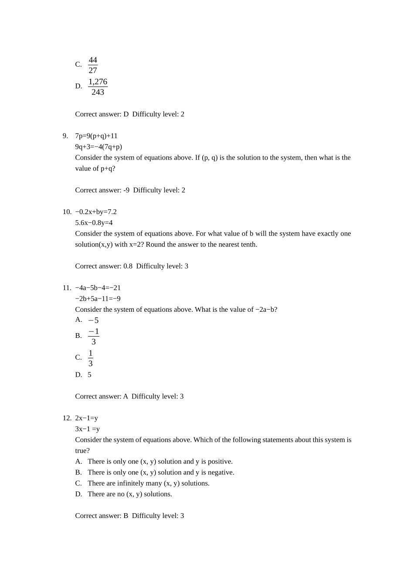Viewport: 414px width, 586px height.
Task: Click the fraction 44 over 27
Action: (x=93, y=65)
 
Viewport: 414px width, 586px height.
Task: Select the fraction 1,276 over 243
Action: (x=98, y=87)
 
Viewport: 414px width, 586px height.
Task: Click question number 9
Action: (x=65, y=136)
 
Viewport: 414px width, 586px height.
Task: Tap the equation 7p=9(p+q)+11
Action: (x=96, y=136)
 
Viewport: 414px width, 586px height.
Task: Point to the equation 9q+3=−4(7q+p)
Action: (x=98, y=147)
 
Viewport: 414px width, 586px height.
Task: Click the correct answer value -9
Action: (x=126, y=190)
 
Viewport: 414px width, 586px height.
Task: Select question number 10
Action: (x=67, y=212)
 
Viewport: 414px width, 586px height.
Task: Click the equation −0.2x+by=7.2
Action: (x=96, y=212)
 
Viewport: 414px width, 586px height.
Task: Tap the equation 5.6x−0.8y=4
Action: (x=94, y=223)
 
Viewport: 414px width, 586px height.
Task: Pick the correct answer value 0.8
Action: (x=128, y=266)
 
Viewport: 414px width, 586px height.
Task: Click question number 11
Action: (x=67, y=288)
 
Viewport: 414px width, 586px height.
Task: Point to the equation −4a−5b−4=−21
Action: (x=98, y=288)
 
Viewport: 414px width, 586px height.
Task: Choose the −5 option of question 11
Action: (x=93, y=320)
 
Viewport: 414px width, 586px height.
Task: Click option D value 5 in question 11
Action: (x=89, y=375)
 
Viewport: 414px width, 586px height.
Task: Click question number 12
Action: (x=67, y=418)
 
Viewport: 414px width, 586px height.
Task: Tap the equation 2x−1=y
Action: (x=86, y=418)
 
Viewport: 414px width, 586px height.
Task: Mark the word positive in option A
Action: (x=219, y=462)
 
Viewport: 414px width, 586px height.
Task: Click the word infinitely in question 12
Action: (x=133, y=484)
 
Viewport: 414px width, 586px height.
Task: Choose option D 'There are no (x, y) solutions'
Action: (x=129, y=494)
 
